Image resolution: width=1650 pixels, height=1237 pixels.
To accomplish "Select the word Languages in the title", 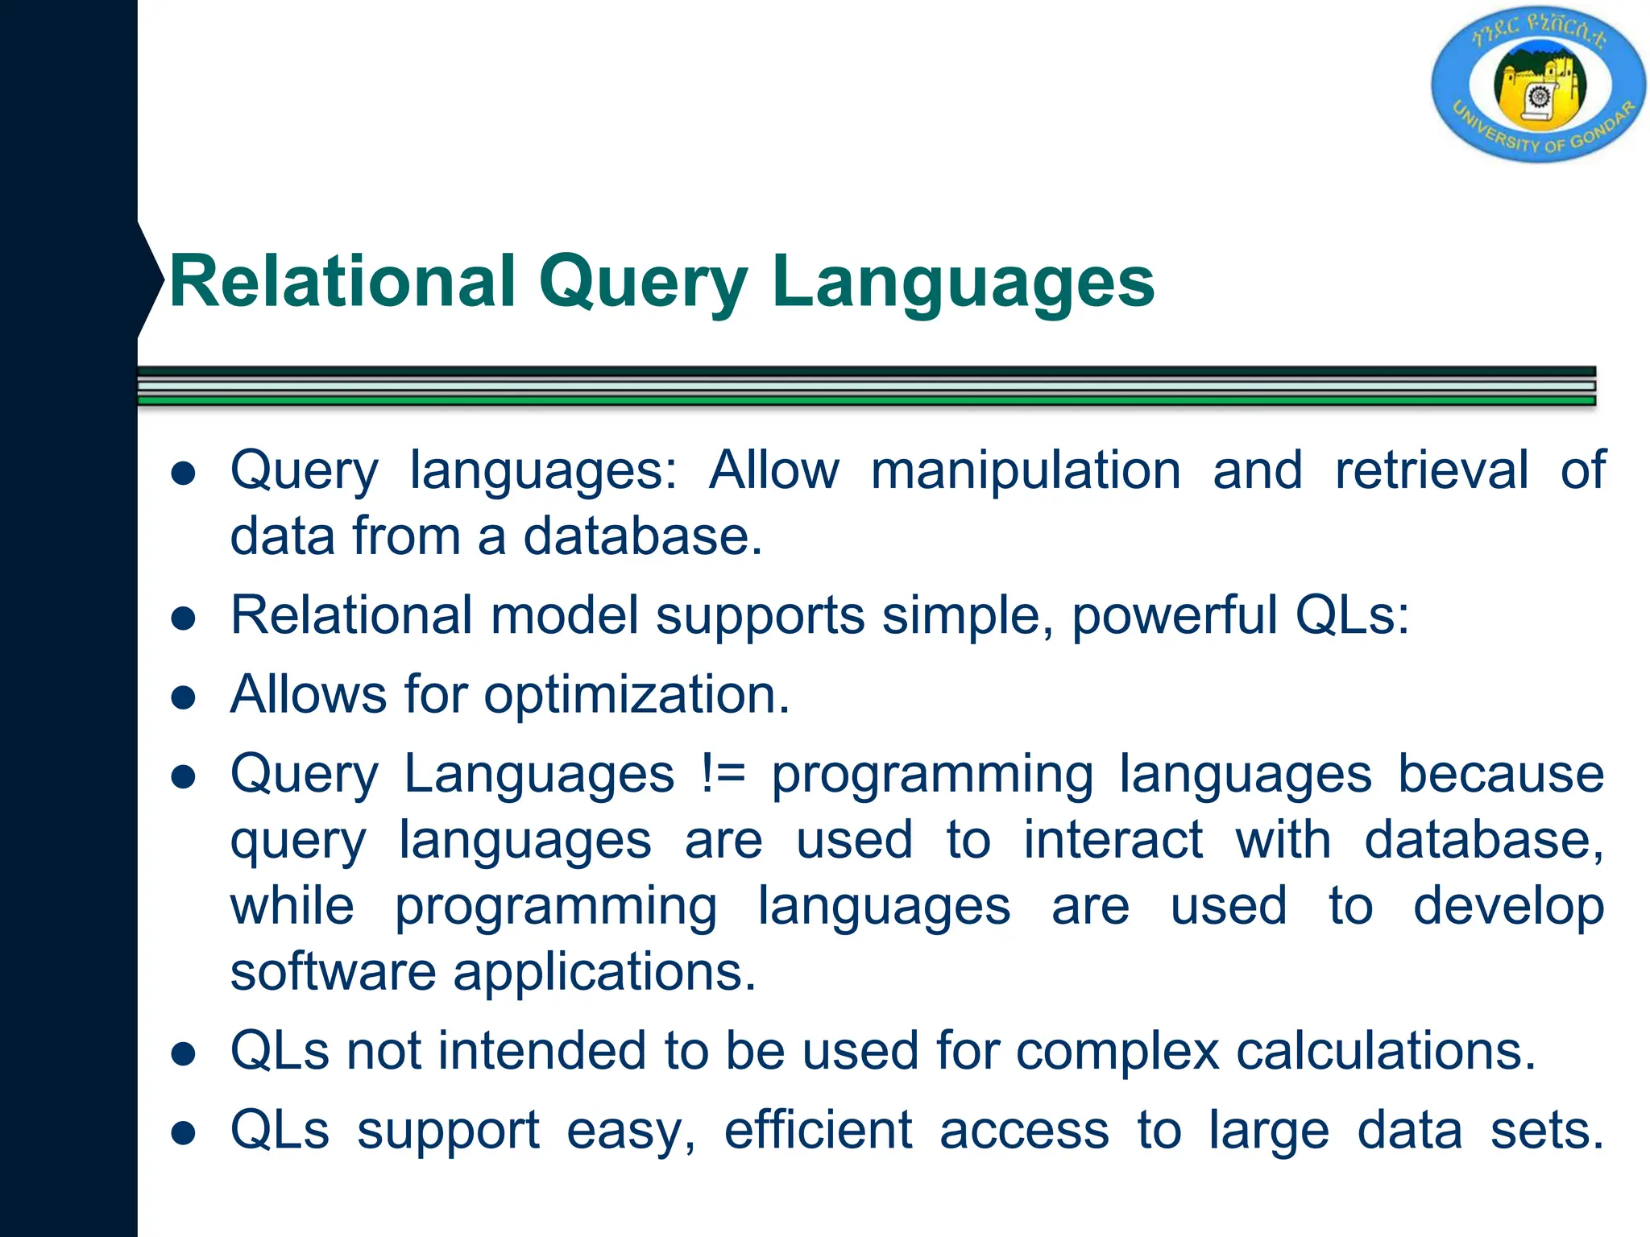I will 963,282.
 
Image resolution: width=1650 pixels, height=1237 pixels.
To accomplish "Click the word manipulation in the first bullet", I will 1025,470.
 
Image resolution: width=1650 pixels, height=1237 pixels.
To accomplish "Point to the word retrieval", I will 1431,470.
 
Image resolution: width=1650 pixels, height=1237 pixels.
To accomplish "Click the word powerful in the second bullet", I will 1174,616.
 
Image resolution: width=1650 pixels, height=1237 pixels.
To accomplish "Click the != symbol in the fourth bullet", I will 723,774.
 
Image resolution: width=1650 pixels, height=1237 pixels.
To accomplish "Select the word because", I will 1500,774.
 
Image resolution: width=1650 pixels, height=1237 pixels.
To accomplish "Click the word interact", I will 1113,840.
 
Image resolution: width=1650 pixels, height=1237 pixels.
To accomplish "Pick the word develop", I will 1508,906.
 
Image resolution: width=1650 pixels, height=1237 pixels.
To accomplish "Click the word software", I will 333,972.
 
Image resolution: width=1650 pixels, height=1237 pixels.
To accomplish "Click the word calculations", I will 1385,1052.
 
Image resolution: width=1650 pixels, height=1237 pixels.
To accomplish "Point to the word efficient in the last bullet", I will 818,1131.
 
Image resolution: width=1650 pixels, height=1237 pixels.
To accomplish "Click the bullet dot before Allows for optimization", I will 184,697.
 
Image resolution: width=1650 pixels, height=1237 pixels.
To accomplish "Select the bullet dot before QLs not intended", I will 184,1054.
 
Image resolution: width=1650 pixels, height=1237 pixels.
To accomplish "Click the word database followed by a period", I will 641,536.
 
